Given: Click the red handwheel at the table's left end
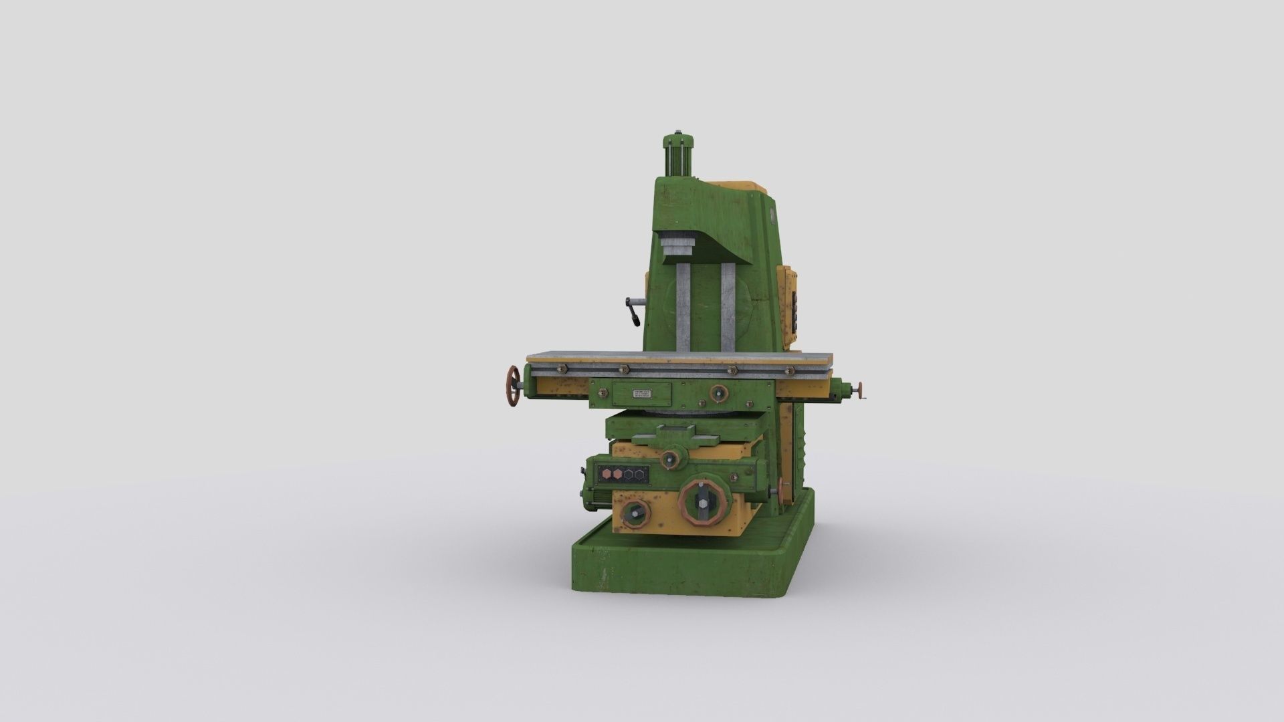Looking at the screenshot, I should (514, 386).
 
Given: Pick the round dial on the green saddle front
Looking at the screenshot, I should (719, 394).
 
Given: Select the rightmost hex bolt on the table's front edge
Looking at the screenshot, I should (789, 370).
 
